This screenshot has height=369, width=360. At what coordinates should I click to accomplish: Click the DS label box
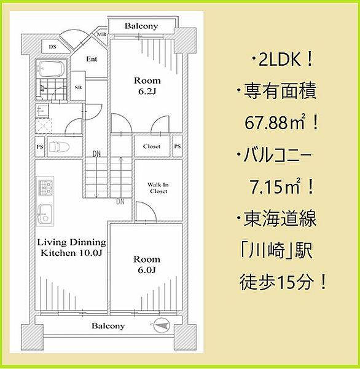click(53, 47)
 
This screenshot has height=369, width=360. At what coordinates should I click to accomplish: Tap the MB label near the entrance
click(102, 35)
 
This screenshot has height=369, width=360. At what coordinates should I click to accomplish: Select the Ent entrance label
click(92, 60)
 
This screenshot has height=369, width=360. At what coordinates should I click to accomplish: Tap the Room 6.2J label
click(147, 85)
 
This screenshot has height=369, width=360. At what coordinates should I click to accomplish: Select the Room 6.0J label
click(147, 265)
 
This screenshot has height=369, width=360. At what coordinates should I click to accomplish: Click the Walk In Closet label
click(157, 188)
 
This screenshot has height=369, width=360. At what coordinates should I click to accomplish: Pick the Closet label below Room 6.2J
click(152, 146)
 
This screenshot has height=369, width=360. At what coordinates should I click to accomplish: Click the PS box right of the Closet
click(177, 146)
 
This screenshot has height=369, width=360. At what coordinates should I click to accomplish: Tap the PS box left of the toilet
click(40, 147)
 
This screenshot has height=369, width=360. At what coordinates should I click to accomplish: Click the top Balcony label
click(141, 26)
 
